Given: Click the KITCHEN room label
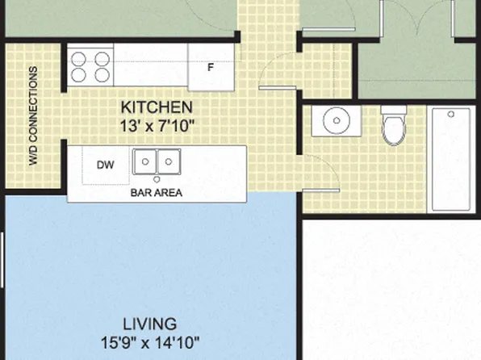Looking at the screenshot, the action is (157, 107).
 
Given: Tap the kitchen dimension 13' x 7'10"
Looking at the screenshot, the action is (157, 126).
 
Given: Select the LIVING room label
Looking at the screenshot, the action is (150, 324).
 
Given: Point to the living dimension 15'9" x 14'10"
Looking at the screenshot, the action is (150, 343).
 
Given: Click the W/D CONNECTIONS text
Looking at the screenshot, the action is (33, 116).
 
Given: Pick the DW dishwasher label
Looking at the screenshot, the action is (105, 165).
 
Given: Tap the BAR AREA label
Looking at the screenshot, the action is (157, 193).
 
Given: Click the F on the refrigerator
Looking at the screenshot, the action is (211, 67).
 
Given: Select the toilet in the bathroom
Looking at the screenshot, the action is (394, 125).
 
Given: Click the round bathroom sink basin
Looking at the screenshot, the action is (337, 120).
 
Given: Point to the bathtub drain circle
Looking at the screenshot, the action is (451, 114).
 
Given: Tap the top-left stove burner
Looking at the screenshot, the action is (78, 59).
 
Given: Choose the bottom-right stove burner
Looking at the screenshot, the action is (102, 75).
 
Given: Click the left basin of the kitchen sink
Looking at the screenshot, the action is (145, 161).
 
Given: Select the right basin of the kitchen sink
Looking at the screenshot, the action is (169, 161).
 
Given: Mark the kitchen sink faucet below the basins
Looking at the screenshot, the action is (157, 179).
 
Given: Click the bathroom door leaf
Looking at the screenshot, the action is (321, 190).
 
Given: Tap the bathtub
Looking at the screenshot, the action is (451, 159).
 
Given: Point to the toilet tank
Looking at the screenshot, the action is (394, 110).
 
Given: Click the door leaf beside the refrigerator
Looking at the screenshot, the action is (278, 88).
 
